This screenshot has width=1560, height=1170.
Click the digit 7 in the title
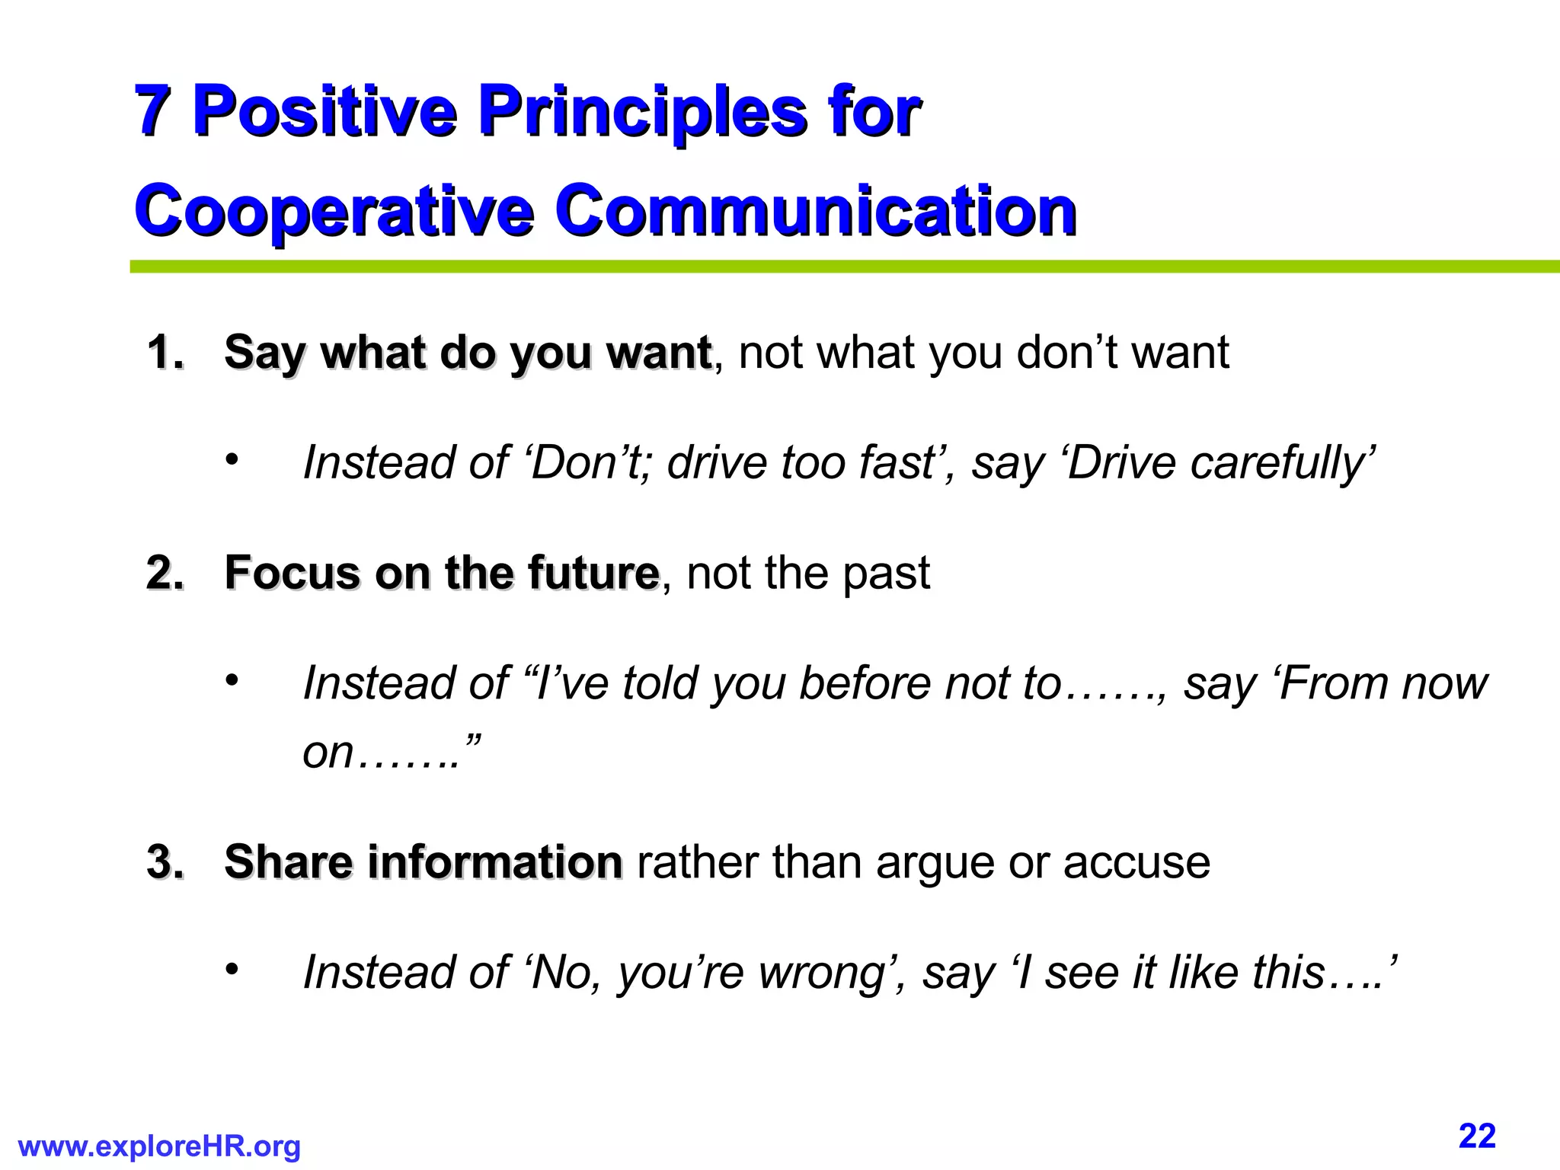153,110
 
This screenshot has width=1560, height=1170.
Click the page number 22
1477,1136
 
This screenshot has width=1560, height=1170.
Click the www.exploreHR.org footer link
159,1146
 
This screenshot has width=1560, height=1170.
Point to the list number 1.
165,353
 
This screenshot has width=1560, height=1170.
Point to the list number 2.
165,573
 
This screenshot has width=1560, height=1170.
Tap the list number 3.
165,862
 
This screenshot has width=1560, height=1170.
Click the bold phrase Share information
424,862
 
